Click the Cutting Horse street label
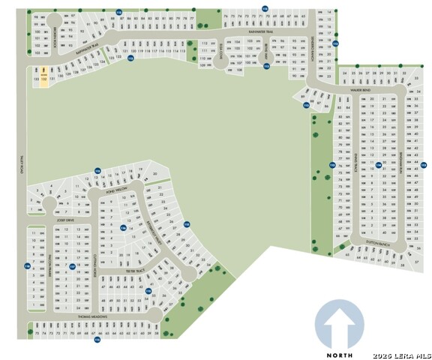point(95,268)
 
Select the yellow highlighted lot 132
point(43,77)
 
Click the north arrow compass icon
point(339,325)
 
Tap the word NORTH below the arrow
point(339,354)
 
